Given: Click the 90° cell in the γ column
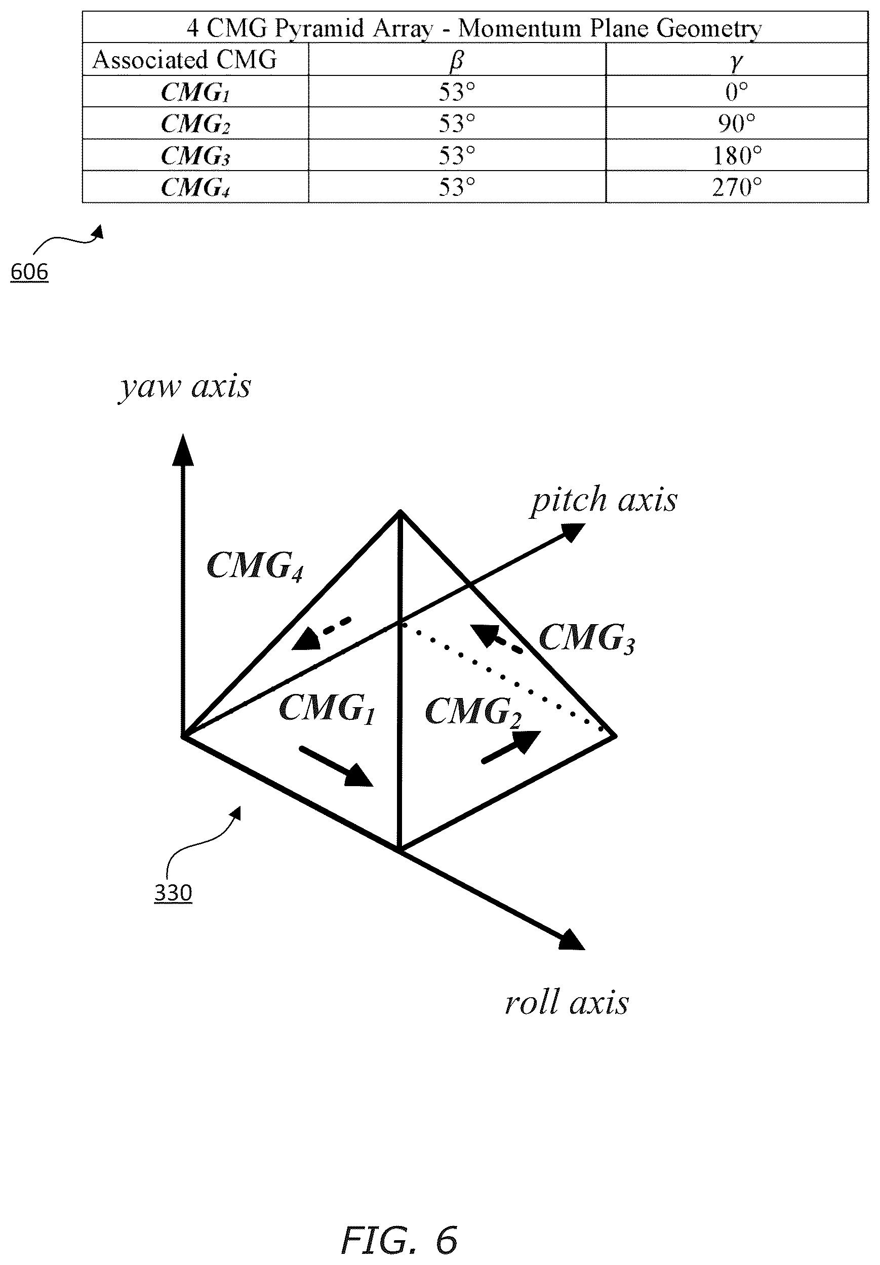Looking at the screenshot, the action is pyautogui.click(x=736, y=124).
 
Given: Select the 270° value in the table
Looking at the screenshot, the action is pyautogui.click(x=737, y=187).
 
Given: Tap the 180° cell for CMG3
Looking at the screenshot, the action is pyautogui.click(x=737, y=155).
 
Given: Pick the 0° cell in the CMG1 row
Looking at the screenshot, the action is pyautogui.click(x=737, y=92).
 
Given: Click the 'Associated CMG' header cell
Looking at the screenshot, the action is pyautogui.click(x=185, y=60).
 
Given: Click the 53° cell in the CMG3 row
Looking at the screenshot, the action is pyautogui.click(x=457, y=155).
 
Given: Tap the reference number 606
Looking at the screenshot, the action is pyautogui.click(x=30, y=272).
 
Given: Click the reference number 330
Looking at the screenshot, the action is pyautogui.click(x=173, y=892).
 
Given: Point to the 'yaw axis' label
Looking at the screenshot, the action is pyautogui.click(x=185, y=387).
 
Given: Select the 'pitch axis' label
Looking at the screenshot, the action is pyautogui.click(x=604, y=500).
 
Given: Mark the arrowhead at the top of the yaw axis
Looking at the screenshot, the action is pyautogui.click(x=183, y=449).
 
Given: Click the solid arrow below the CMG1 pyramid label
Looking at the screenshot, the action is pyautogui.click(x=336, y=766).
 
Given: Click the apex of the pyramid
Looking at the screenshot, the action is pyautogui.click(x=401, y=512).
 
